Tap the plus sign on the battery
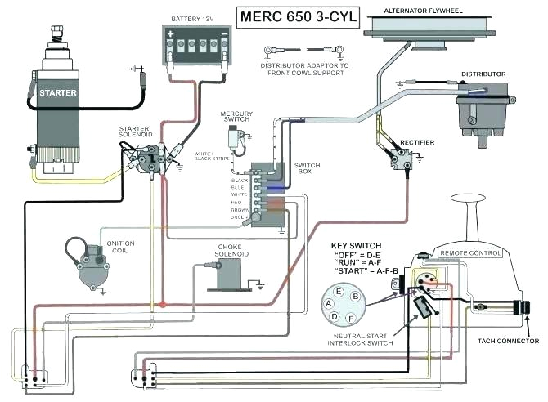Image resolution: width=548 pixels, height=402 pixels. click(173, 36)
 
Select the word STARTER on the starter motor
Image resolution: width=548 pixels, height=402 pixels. click(58, 93)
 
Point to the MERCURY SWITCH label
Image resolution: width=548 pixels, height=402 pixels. click(236, 117)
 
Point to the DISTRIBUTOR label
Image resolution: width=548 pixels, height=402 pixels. click(483, 74)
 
